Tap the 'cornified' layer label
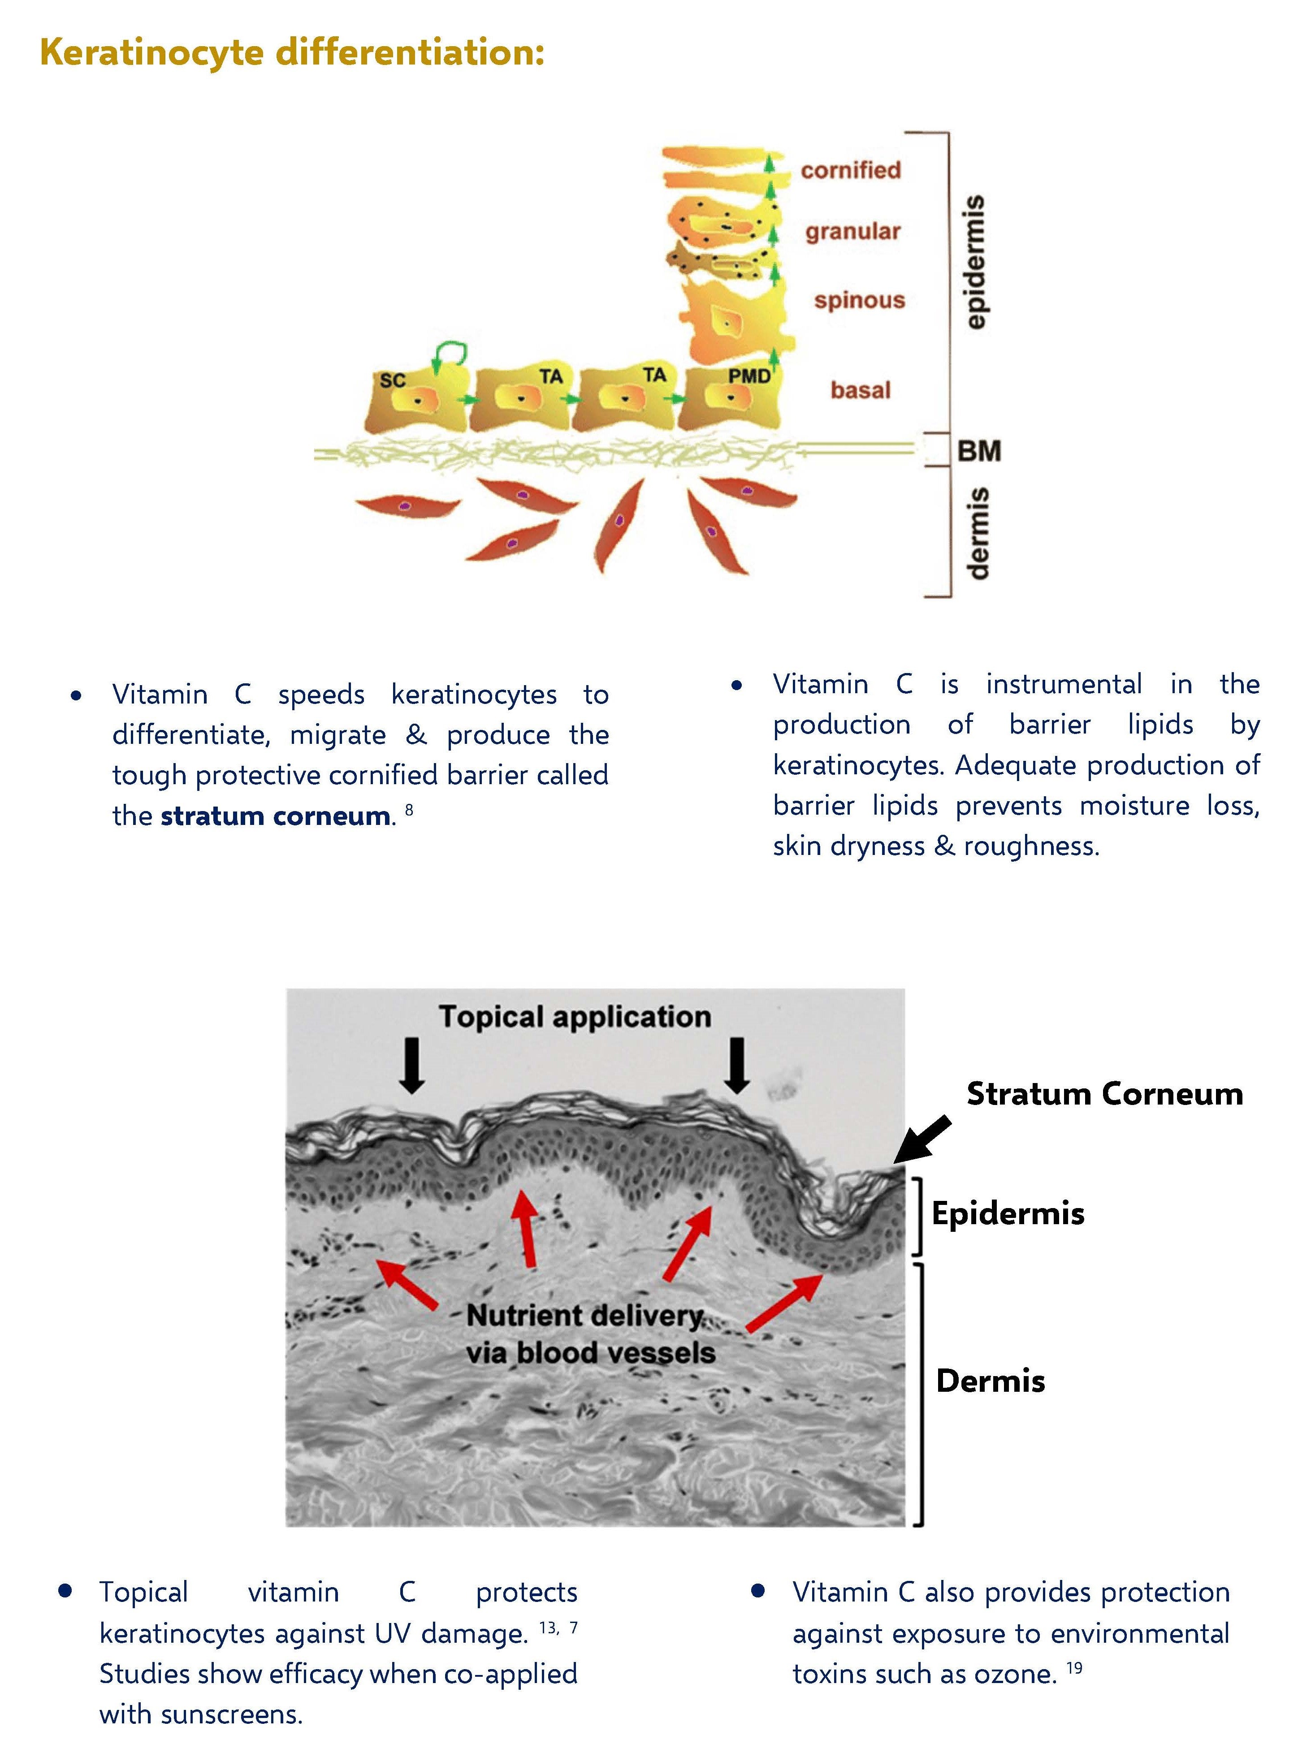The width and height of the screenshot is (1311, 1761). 851,170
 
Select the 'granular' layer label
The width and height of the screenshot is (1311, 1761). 853,232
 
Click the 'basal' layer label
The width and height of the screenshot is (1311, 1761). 860,390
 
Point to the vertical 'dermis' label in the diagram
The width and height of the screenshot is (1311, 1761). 977,534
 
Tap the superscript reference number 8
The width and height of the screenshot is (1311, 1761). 409,810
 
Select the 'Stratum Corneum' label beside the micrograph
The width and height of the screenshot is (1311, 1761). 1104,1094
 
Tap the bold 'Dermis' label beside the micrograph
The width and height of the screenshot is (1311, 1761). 991,1381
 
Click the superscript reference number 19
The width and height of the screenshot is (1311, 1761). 1074,1667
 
